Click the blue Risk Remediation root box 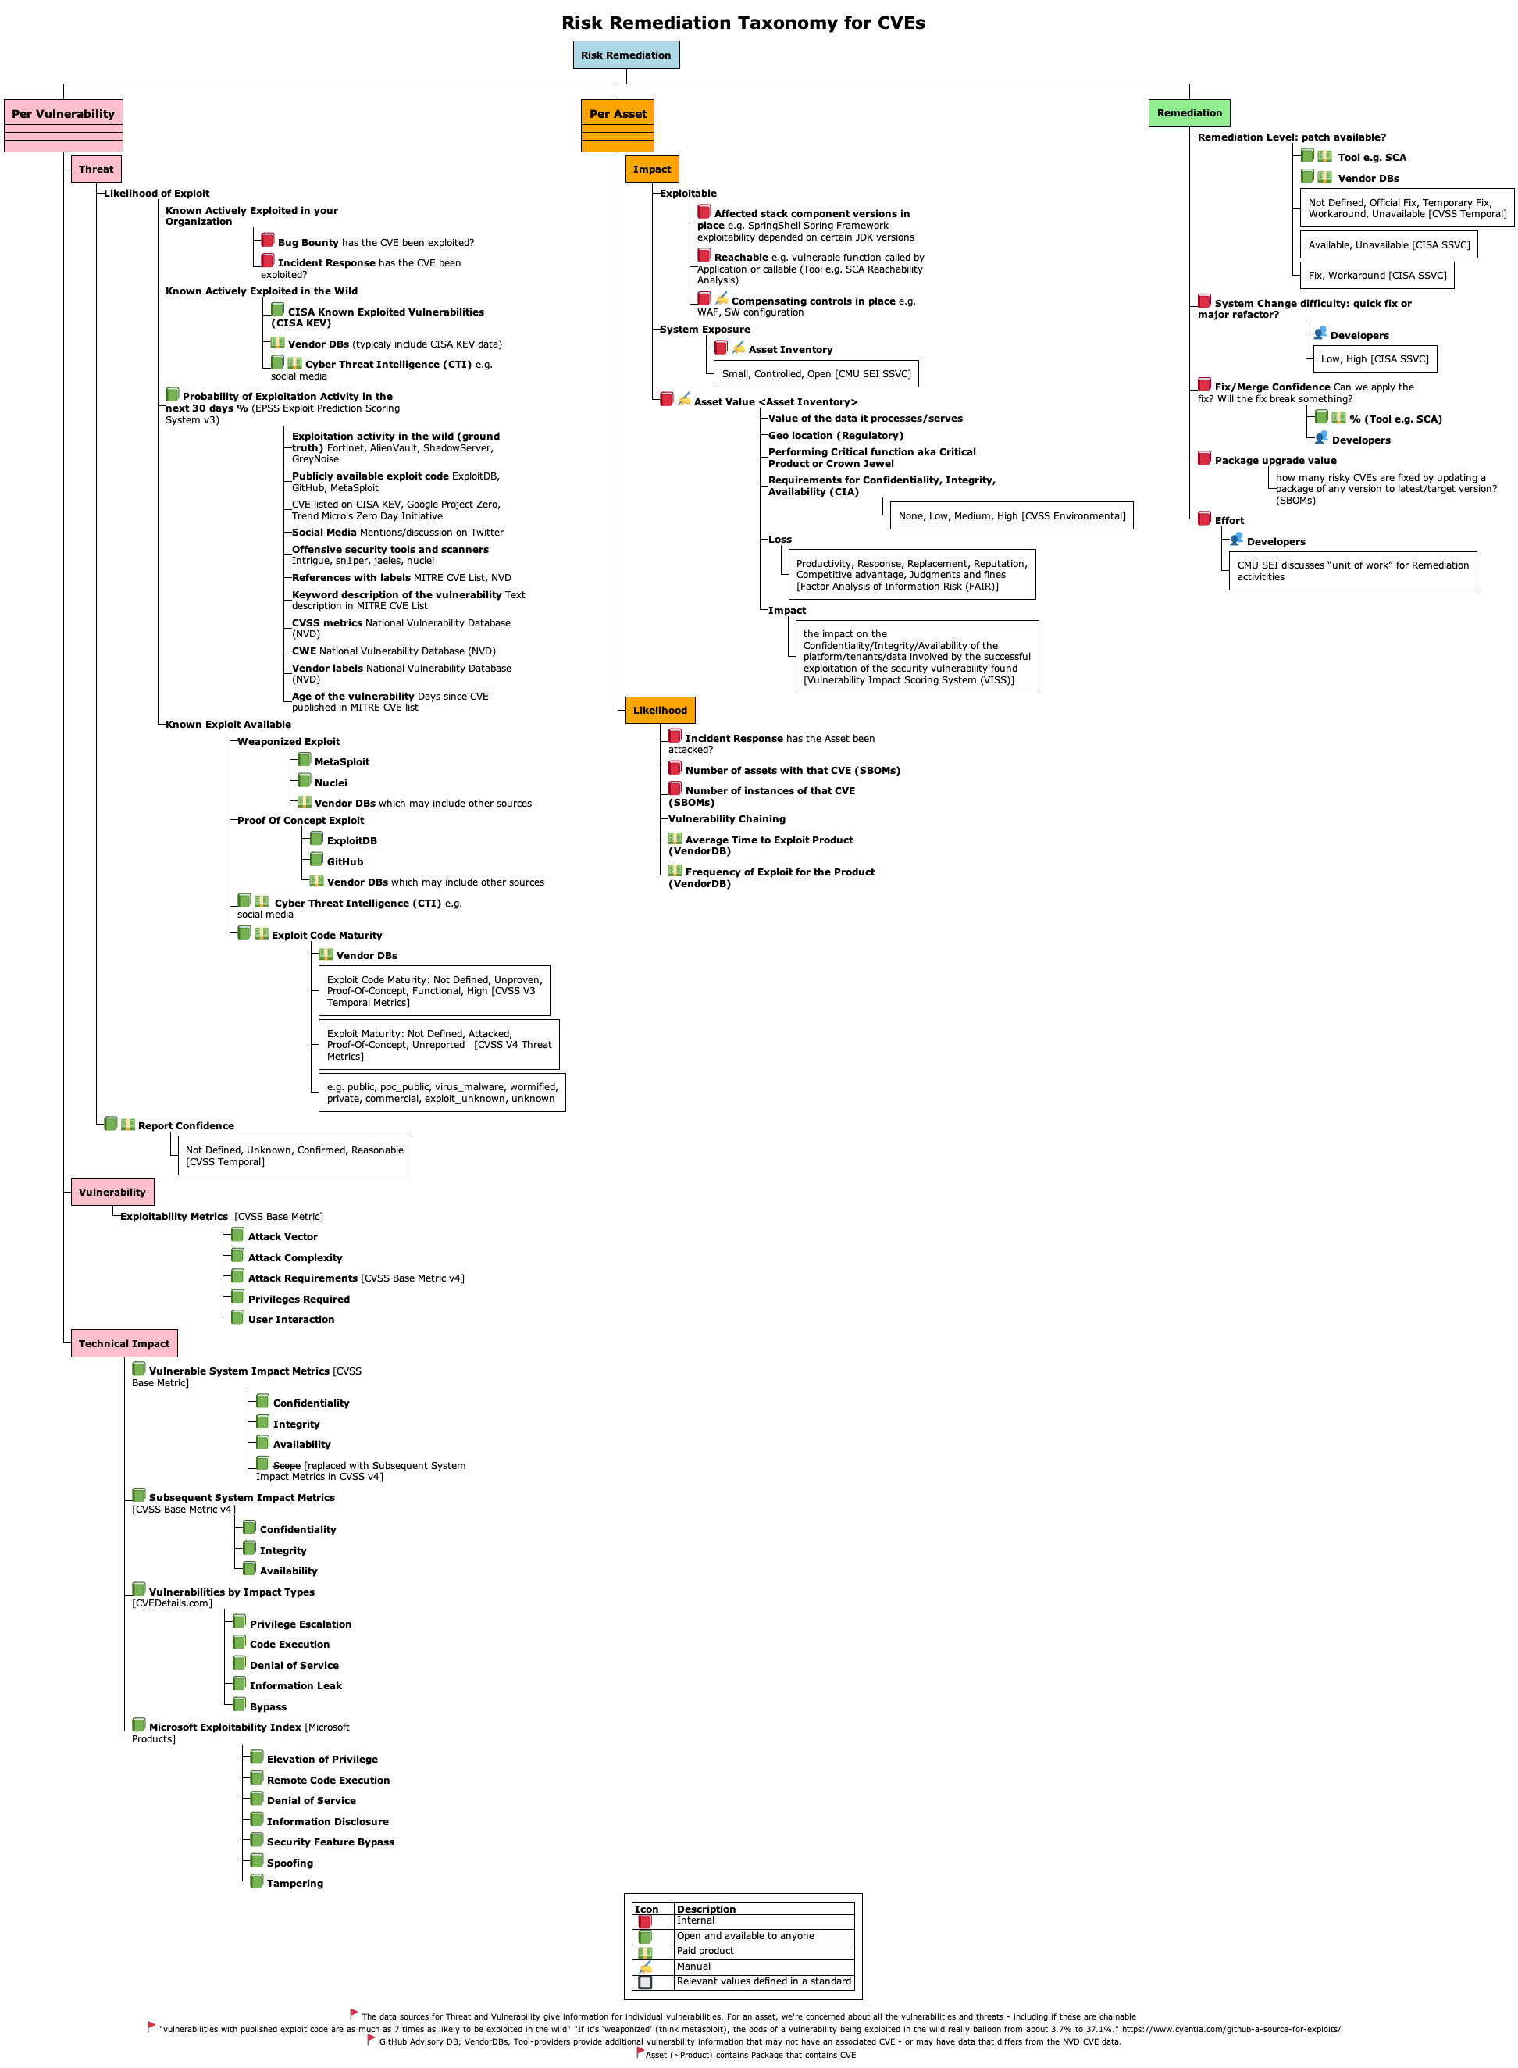click(625, 55)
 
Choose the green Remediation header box click(1189, 113)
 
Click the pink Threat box click(95, 169)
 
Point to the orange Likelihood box click(660, 711)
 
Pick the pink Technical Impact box click(124, 1344)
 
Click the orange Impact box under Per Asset click(651, 169)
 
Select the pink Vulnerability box click(112, 1192)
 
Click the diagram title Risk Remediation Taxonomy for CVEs click(743, 23)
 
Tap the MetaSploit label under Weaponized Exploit click(342, 762)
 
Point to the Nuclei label click(331, 783)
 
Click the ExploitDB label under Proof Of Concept click(352, 841)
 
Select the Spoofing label click(290, 1863)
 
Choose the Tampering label click(295, 1883)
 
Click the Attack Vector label click(283, 1237)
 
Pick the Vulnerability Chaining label click(727, 819)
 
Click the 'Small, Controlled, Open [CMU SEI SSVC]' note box click(816, 374)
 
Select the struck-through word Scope click(287, 1466)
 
